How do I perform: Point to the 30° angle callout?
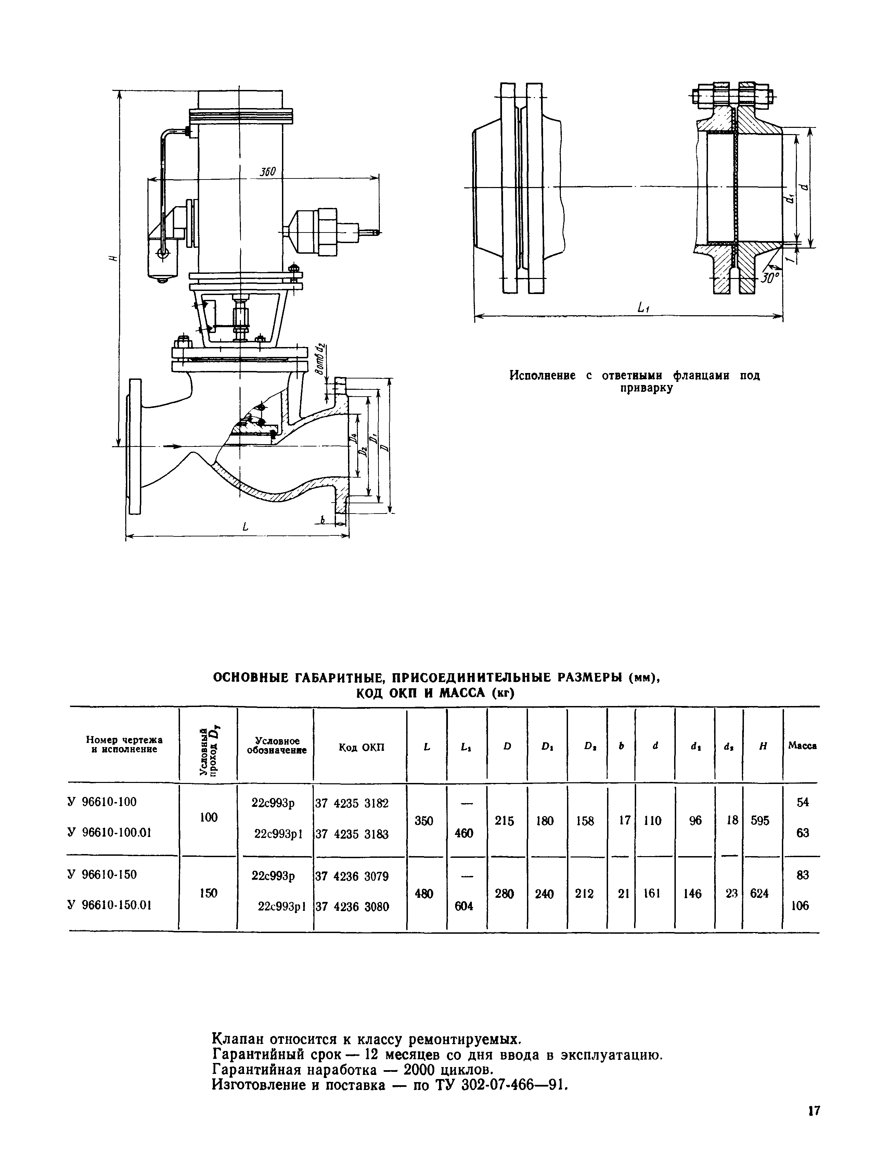tap(770, 277)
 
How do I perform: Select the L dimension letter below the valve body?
tap(245, 527)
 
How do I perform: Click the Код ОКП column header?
tap(361, 747)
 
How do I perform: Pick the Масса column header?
tap(802, 745)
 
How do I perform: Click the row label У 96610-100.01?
tap(109, 833)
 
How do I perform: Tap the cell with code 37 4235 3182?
tap(352, 803)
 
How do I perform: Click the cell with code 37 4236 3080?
tap(352, 907)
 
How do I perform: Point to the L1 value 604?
tap(464, 906)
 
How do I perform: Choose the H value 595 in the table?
tap(760, 821)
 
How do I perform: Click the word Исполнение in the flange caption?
tap(542, 375)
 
